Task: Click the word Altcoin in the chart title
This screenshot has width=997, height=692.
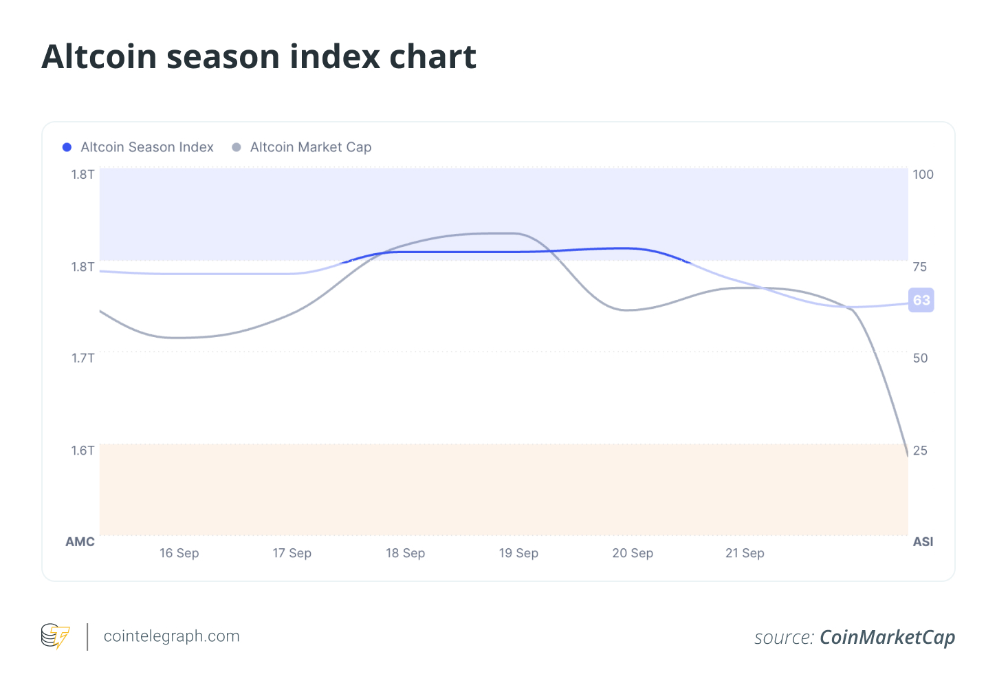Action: tap(98, 56)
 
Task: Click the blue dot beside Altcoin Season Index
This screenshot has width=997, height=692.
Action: tap(67, 147)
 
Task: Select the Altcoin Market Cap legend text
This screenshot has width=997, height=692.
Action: tap(310, 147)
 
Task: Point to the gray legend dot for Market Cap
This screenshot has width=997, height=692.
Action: tap(237, 147)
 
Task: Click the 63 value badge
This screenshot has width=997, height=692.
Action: tap(921, 300)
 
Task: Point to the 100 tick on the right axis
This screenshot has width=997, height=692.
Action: tap(923, 175)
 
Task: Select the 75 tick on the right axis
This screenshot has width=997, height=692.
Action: tap(920, 267)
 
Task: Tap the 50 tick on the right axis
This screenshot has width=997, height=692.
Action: tap(920, 358)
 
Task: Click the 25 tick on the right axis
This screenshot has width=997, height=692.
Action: tap(920, 451)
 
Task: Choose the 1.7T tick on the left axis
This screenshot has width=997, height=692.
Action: tap(83, 358)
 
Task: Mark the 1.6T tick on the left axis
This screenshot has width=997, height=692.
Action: tap(83, 451)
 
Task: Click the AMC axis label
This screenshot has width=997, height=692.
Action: tap(80, 542)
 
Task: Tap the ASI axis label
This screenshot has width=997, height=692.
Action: tap(923, 542)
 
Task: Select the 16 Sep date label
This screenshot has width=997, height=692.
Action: tap(179, 553)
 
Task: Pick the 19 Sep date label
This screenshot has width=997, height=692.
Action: tap(518, 553)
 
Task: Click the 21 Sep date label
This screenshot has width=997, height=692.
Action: tap(745, 553)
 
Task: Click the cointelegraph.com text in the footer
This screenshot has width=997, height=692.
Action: tap(171, 636)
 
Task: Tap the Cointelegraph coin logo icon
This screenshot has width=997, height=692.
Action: tap(55, 636)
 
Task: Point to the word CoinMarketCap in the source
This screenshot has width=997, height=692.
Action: tap(887, 638)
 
